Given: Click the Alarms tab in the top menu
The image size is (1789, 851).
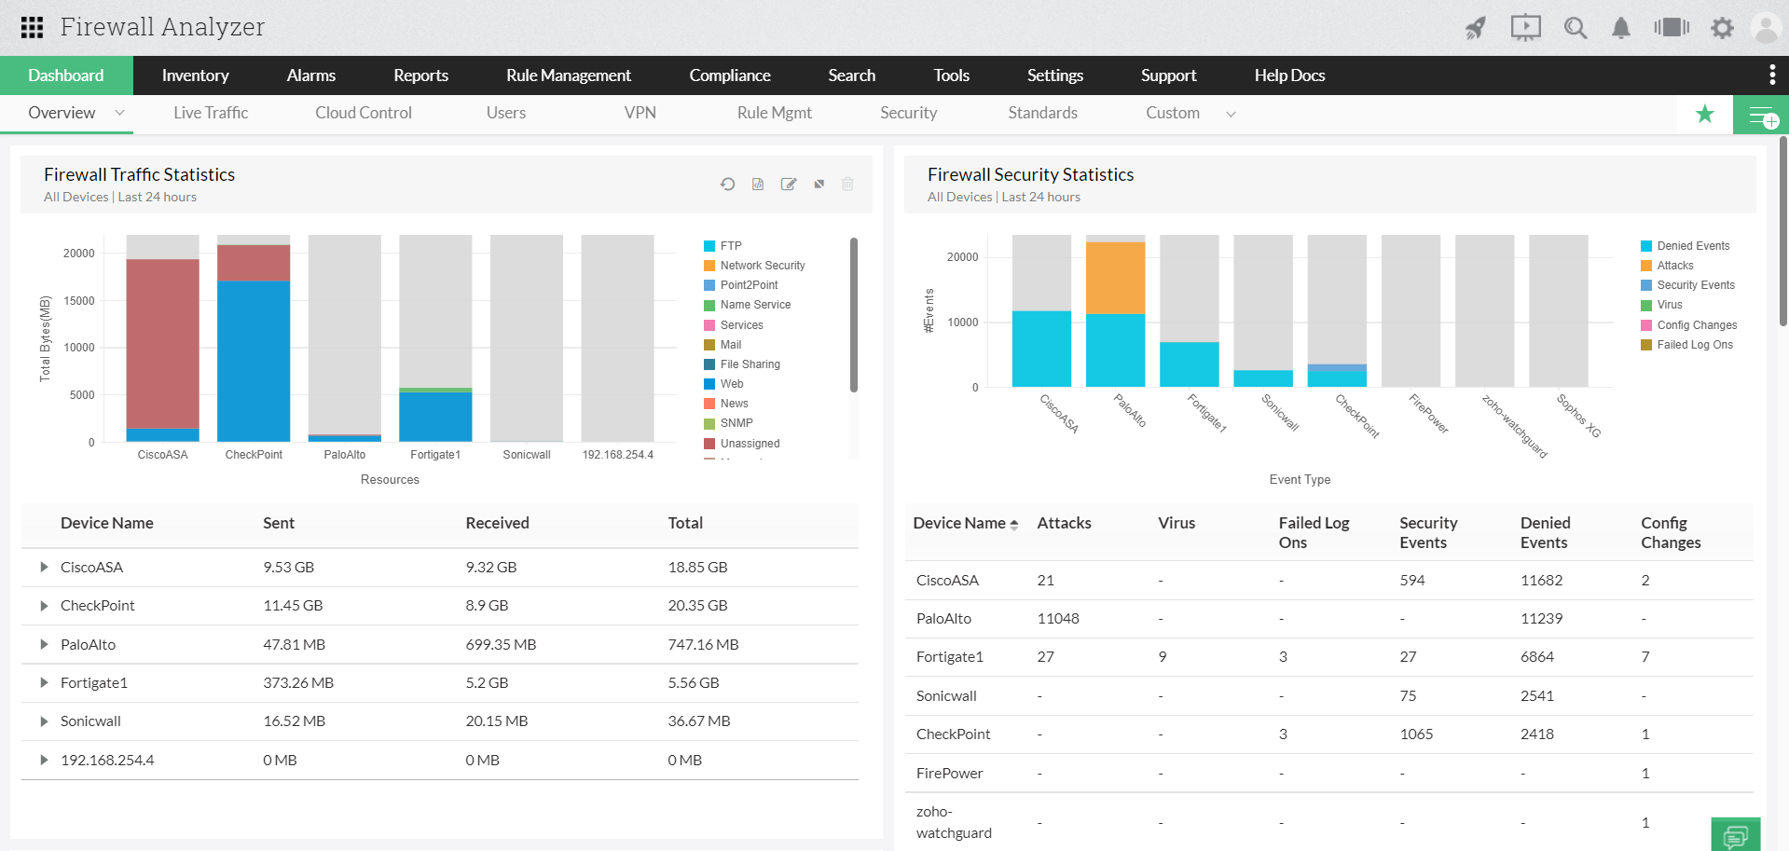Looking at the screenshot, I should click(310, 75).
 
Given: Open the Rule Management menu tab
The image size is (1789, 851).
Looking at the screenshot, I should click(568, 75).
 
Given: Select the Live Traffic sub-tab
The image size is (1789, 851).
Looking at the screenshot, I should click(211, 113).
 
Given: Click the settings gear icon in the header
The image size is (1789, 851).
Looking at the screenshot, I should click(1722, 28).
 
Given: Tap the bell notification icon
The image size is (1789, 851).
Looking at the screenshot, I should click(1621, 28).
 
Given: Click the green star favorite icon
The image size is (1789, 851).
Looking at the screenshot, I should click(1705, 114).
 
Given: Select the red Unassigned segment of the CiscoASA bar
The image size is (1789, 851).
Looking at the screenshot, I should click(163, 343).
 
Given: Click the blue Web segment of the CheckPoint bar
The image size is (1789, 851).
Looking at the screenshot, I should click(254, 361).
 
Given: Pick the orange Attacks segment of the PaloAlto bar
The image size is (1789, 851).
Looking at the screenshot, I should click(1115, 278).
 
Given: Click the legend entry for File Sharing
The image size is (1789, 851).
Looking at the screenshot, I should click(750, 364).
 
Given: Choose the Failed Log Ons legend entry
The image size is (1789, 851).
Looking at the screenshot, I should click(1694, 345).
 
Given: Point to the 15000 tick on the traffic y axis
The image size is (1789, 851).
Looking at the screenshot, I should click(79, 301).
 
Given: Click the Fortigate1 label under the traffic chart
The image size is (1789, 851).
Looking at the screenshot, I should click(435, 455).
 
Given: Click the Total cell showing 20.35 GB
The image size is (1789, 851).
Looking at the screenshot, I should click(697, 606).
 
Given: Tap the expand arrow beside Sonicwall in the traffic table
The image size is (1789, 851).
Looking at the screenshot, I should click(44, 721).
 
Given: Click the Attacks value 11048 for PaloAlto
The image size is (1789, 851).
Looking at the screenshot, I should click(1058, 619).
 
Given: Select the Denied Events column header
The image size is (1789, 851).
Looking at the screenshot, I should click(1545, 532).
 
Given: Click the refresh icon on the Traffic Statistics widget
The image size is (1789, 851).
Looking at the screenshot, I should click(727, 185).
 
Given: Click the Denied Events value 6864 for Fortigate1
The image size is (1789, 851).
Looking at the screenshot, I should click(1536, 657).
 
